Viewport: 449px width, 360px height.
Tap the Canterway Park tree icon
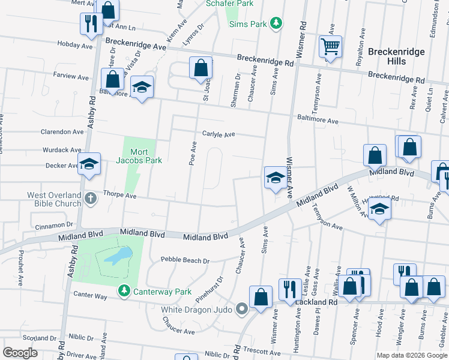124,291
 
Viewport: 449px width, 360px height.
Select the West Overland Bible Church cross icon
90,198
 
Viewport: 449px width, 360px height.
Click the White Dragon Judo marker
242,310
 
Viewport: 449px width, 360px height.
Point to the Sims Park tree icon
276,23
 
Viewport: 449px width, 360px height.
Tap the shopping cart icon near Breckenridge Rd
330,46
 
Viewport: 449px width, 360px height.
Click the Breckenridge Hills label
396,57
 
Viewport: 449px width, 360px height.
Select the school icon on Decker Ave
89,164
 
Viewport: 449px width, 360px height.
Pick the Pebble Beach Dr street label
185,260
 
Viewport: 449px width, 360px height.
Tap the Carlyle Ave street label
218,134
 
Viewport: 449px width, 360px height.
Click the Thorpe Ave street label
120,195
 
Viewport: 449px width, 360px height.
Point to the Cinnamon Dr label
53,226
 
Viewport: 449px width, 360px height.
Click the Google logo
20,352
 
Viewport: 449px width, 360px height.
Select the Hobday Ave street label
75,45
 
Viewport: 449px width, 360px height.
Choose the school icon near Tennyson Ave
379,210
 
